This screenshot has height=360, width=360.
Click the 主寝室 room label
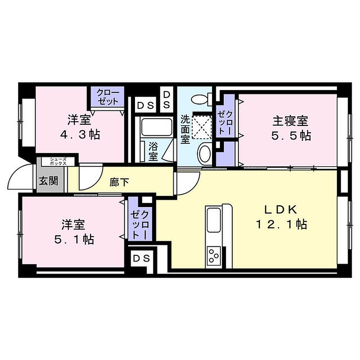tap(290, 121)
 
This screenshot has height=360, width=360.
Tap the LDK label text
tap(281, 210)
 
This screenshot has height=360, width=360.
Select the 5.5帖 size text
tap(291, 136)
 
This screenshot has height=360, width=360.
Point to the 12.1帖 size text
tap(282, 224)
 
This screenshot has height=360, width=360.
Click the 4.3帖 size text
tap(80, 135)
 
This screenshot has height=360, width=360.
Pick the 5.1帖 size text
tap(74, 239)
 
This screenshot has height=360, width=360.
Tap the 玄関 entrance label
tap(49, 181)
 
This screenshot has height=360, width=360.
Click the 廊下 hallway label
tap(119, 182)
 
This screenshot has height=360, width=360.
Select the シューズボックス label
tap(58, 161)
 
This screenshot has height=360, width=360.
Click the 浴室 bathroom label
tap(153, 151)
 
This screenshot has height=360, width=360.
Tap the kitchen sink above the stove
tap(214, 220)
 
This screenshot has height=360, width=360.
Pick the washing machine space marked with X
tap(201, 127)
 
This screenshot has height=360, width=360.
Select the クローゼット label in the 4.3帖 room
tap(108, 97)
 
